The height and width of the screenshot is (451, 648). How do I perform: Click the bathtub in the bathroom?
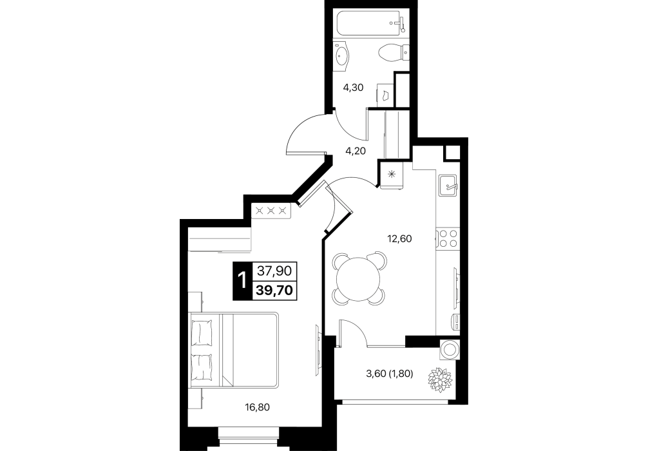coord(370,23)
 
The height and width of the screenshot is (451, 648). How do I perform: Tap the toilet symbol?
coord(393,52)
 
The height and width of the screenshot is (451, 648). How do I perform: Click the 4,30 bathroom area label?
coord(354,88)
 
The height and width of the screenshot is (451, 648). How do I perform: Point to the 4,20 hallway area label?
coord(356,151)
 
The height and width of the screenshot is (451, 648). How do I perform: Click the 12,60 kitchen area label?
coord(399,238)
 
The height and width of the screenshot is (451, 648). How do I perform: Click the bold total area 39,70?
coord(274,290)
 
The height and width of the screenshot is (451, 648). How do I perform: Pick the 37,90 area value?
coord(274,271)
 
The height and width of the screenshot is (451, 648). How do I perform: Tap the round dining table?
coord(358,278)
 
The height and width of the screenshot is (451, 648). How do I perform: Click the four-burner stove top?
coord(448,238)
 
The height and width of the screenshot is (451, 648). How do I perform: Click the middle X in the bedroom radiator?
coord(271,211)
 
